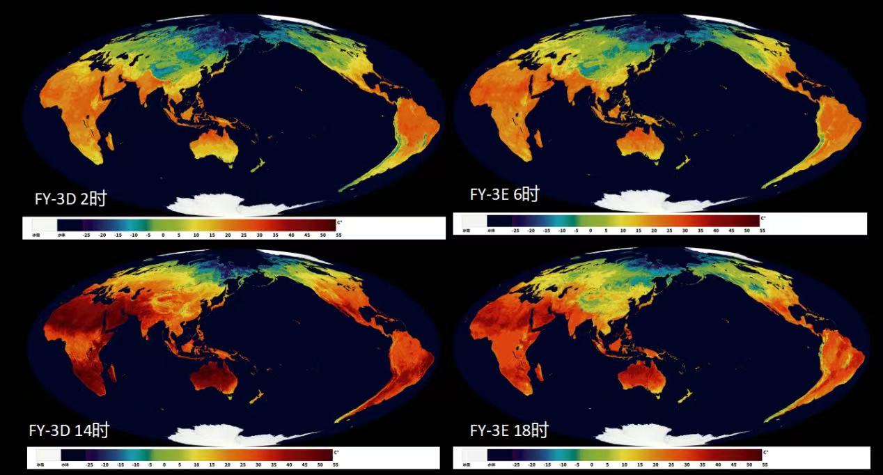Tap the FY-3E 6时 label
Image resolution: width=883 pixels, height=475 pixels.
coord(504,195)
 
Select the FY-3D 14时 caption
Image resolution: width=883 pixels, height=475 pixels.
coord(69,430)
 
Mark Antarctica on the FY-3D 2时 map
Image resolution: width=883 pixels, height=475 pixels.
coord(209,205)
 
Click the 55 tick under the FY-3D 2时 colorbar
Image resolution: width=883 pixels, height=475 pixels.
coord(339,235)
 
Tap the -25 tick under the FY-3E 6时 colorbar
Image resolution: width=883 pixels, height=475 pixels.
coord(515,230)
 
